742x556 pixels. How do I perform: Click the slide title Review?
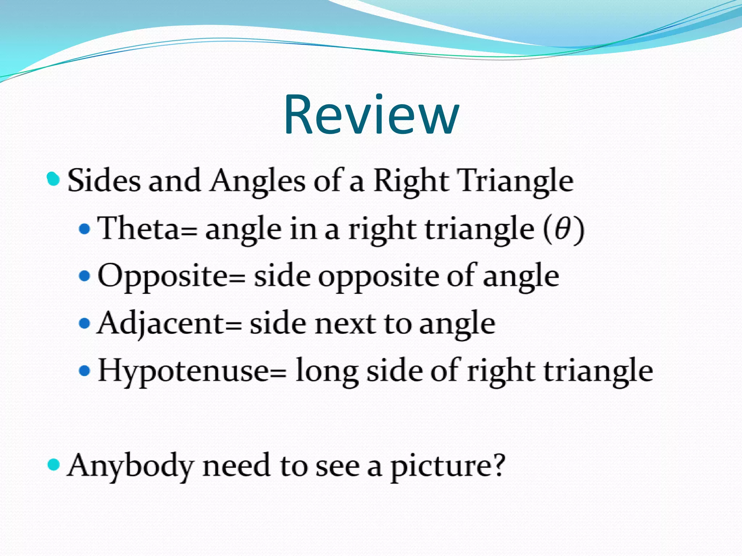371,115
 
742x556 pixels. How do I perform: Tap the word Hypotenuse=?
192,371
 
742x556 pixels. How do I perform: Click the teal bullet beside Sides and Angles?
53,179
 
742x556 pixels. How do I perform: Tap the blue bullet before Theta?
84,229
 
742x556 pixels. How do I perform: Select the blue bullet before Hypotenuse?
84,371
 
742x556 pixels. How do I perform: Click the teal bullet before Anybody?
53,464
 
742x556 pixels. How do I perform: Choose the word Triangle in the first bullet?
516,181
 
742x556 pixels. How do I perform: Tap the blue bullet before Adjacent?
84,323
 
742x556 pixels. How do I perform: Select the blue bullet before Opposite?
84,276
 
